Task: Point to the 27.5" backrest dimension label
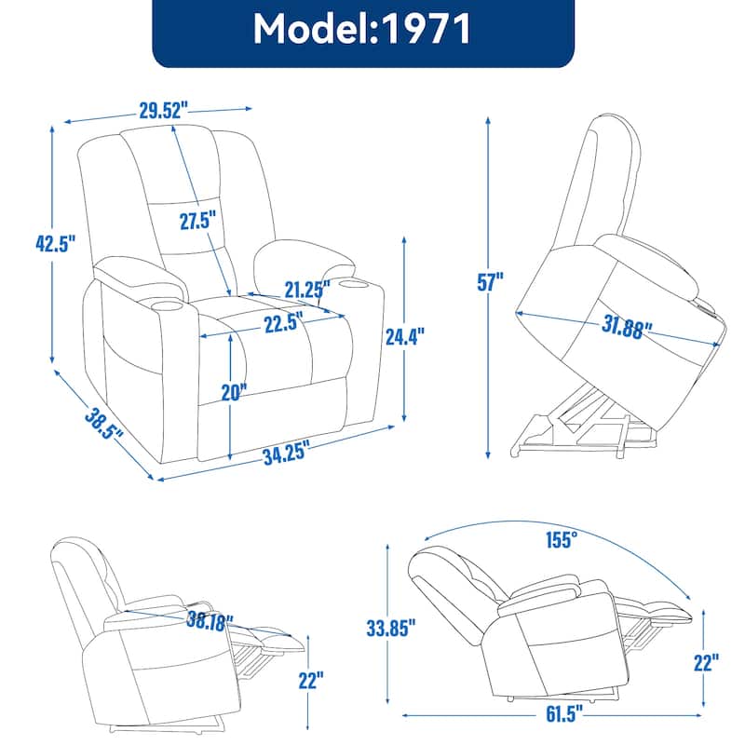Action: (197, 221)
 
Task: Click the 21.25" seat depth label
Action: (307, 290)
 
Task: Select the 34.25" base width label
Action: (285, 454)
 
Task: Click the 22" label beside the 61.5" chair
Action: (706, 662)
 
